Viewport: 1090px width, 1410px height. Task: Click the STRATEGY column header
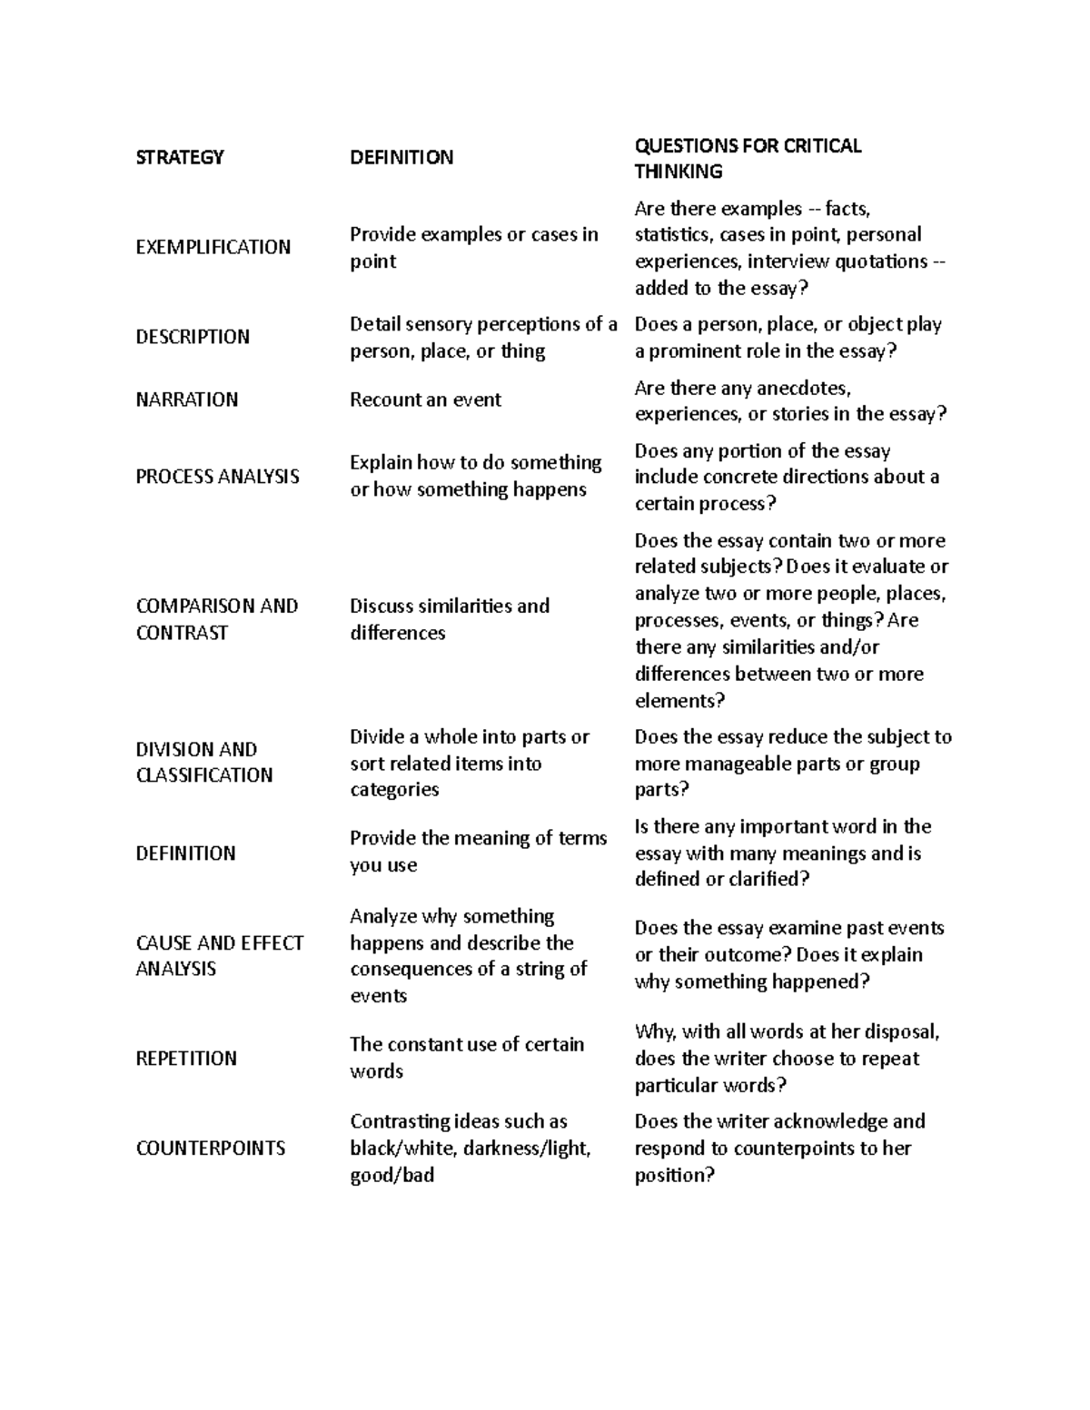(179, 158)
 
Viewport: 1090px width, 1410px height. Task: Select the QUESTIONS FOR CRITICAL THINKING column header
(748, 159)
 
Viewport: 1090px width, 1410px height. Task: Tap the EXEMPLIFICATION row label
(213, 247)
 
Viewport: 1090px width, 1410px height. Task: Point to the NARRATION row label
(186, 399)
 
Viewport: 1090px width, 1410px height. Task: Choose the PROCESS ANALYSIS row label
(217, 477)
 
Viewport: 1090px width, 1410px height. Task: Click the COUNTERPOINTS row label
(210, 1149)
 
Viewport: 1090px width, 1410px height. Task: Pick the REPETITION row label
(186, 1059)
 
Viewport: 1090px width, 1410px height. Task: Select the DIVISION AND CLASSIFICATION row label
(203, 762)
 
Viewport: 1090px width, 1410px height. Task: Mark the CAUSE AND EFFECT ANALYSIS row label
(219, 955)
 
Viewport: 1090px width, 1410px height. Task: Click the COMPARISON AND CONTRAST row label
(216, 619)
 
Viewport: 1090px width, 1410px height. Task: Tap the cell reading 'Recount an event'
(425, 399)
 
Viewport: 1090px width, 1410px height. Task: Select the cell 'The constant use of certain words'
(466, 1058)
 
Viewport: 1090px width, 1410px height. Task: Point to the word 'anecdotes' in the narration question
(806, 389)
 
